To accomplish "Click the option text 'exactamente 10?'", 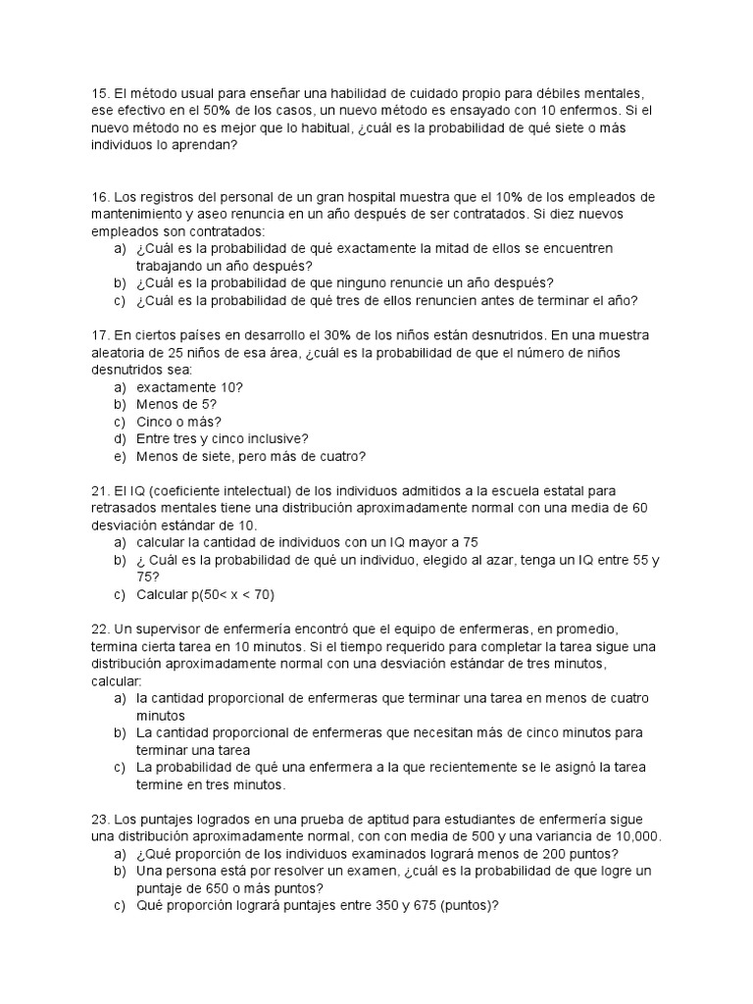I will [190, 386].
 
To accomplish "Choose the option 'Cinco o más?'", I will [178, 422].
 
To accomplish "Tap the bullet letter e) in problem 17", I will [120, 456].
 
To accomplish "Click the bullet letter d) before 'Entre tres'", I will [120, 438].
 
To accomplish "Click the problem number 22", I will [99, 628].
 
